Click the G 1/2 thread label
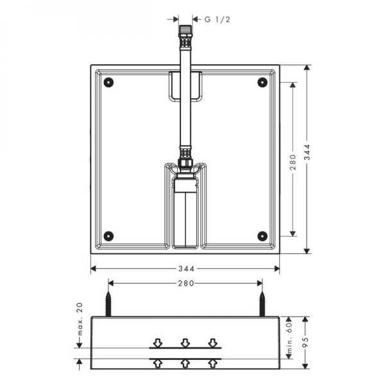218,19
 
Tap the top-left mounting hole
108,83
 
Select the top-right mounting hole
262,83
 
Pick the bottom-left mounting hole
108,236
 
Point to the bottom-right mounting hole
262,236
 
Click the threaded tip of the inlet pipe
185,29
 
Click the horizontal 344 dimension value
186,269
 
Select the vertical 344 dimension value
307,152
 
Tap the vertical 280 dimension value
293,162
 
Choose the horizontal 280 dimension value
186,284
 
